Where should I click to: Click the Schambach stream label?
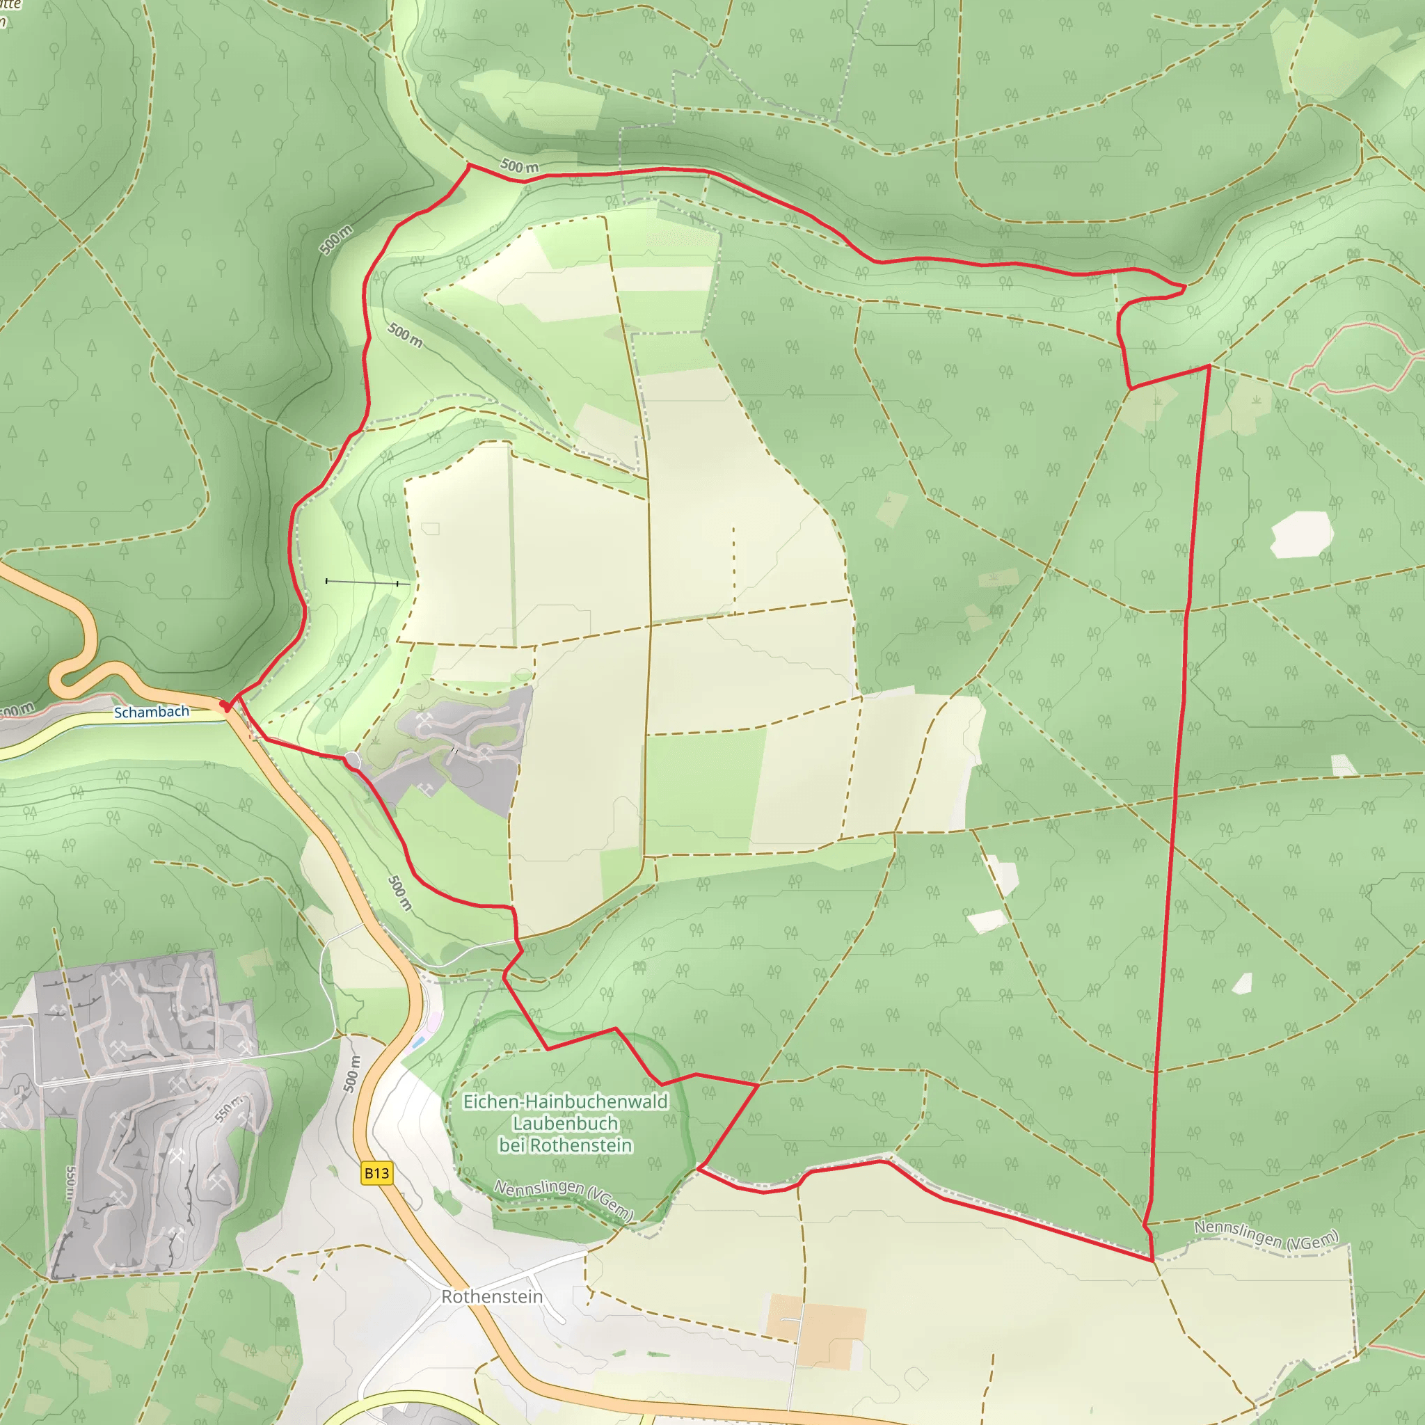click(x=151, y=712)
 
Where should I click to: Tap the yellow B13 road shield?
click(x=376, y=1174)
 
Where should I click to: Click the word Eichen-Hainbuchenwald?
click(x=565, y=1101)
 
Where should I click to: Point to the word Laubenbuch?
click(x=565, y=1123)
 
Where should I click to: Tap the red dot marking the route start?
click(x=225, y=705)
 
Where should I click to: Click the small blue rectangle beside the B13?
click(x=418, y=1042)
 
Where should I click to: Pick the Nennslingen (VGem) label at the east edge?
click(x=1266, y=1235)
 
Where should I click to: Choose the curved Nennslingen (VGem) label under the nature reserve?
click(x=564, y=1200)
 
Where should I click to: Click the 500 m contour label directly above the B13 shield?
click(x=352, y=1073)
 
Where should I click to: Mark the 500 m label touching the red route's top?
click(x=519, y=166)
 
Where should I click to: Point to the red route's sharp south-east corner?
click(x=1152, y=1260)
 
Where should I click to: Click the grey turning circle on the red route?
click(x=352, y=761)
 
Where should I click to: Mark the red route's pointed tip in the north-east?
click(x=1184, y=287)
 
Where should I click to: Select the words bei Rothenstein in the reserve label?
click(x=565, y=1145)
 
